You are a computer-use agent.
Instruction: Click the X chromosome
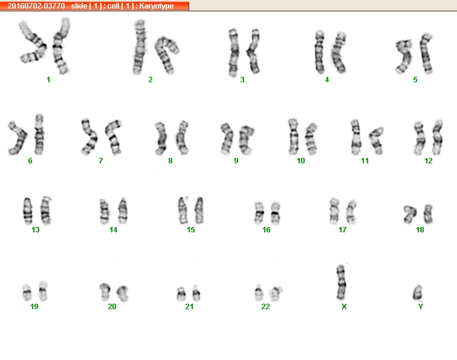click(x=341, y=283)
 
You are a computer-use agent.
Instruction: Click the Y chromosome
click(x=418, y=293)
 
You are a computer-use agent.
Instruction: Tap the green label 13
click(x=36, y=230)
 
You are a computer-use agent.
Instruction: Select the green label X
click(x=344, y=307)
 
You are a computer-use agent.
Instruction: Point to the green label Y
click(x=420, y=307)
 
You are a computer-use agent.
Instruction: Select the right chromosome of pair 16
click(x=276, y=213)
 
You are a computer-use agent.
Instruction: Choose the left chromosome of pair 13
click(x=28, y=211)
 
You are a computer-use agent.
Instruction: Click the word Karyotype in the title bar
click(x=156, y=6)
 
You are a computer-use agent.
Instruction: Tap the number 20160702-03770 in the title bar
click(x=36, y=6)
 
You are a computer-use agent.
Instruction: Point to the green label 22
click(x=265, y=307)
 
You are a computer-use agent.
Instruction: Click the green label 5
click(x=415, y=80)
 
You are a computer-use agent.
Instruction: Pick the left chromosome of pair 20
click(x=105, y=292)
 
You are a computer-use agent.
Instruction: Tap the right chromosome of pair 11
click(x=377, y=140)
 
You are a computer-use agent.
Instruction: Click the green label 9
click(x=236, y=161)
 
